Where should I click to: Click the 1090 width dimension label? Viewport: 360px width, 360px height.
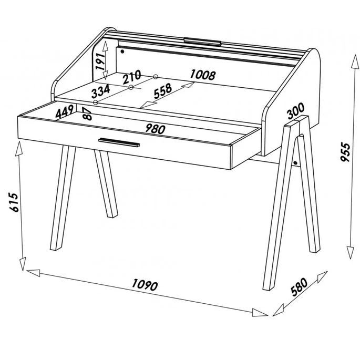pos(145,285)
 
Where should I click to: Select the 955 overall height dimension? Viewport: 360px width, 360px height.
pos(345,152)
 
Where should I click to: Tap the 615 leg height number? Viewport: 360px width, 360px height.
pos(14,202)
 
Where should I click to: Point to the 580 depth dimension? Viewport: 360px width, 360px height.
pos(299,286)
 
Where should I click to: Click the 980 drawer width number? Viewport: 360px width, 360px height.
pos(155,129)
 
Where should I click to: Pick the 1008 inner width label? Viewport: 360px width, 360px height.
pos(203,75)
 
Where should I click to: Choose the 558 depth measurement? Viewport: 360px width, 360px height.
pos(163,91)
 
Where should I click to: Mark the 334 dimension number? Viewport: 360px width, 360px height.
pos(100,91)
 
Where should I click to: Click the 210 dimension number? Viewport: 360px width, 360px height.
pos(131,77)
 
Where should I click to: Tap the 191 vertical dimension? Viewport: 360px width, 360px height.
pos(100,61)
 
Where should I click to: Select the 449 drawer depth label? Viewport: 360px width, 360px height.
pos(65,111)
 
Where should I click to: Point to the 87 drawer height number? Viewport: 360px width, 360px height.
pos(87,114)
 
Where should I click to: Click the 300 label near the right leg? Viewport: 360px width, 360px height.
pos(296,111)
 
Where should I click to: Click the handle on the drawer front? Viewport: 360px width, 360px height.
pos(119,142)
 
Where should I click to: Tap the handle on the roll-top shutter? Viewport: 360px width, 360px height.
pos(202,41)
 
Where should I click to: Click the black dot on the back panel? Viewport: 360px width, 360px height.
pos(122,52)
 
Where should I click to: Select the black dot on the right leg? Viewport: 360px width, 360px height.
pos(295,163)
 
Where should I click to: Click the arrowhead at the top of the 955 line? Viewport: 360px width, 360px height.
pos(355,61)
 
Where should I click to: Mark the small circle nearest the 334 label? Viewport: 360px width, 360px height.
pos(96,102)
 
